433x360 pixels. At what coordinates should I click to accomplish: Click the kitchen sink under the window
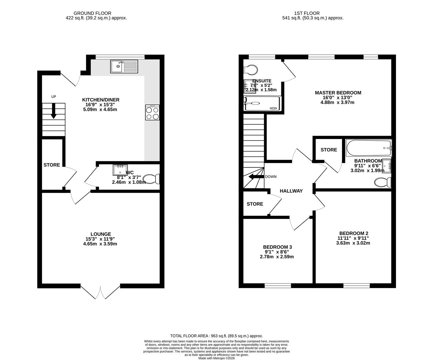coord(124,66)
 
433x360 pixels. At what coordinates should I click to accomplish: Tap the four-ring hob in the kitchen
coord(152,112)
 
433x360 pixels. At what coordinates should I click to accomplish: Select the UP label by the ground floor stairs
coord(54,97)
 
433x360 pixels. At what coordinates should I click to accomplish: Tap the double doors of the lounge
coord(100,292)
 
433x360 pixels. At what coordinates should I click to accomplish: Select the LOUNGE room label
coord(101,234)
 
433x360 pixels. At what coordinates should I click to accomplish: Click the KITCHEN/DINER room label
coord(101,100)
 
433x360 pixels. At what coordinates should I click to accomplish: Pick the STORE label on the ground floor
coord(52,165)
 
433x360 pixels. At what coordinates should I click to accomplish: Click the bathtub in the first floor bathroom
coord(369,148)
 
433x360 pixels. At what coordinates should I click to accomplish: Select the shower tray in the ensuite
coord(262,104)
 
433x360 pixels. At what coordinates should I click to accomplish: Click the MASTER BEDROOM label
coord(338,93)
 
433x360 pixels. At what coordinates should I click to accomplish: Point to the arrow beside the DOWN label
coord(256,177)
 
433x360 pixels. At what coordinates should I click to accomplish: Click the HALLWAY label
coord(291,191)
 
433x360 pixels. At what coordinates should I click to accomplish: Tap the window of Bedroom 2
coord(356,286)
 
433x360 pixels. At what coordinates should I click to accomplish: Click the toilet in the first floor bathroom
coord(383,182)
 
